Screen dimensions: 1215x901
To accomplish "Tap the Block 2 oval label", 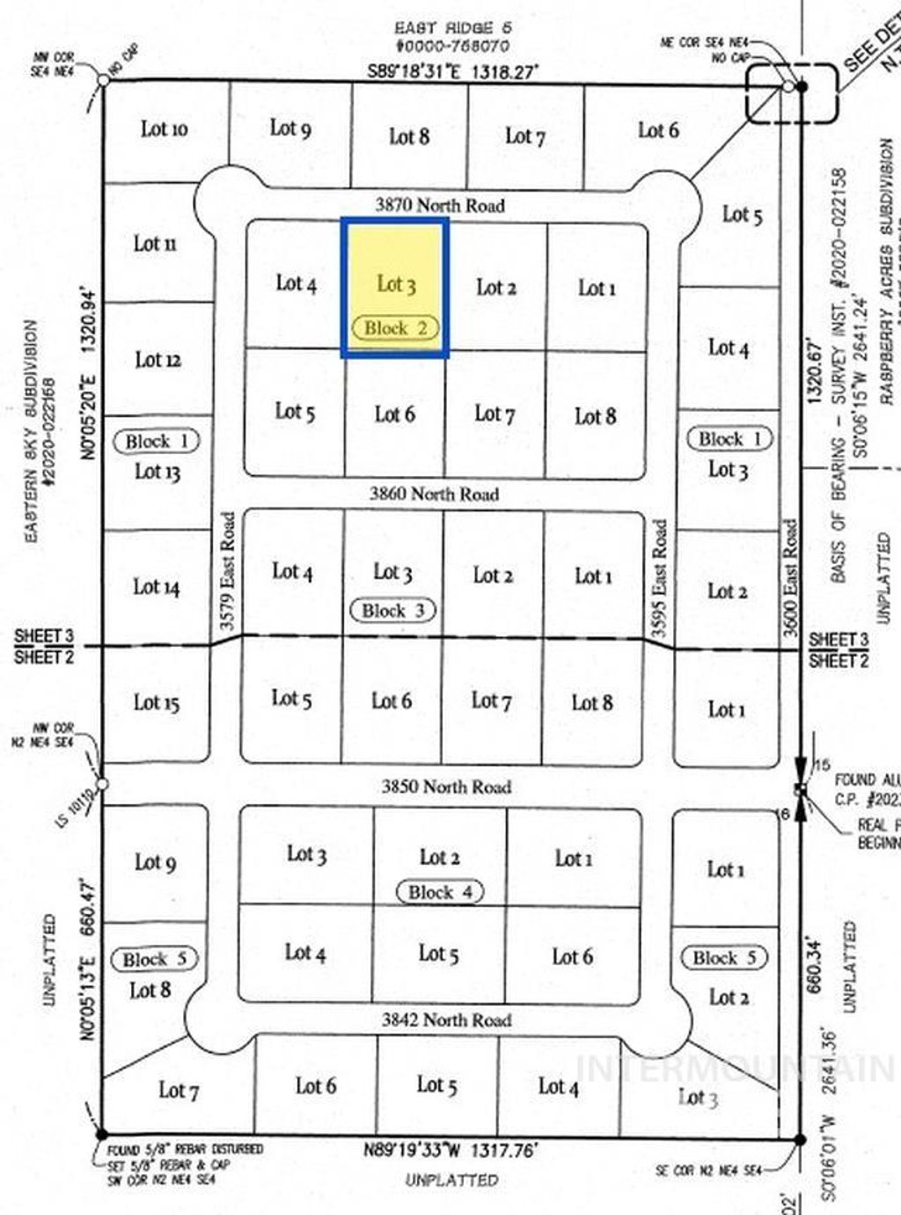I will (x=395, y=328).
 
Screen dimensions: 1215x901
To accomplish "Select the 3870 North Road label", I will (x=440, y=205).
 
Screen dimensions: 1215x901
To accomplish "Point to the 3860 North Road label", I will (x=434, y=494).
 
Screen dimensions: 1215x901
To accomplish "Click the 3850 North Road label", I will (x=446, y=787).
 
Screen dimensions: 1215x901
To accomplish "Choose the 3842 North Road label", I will (x=446, y=1020).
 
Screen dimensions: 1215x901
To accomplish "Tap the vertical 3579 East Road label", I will (x=228, y=571).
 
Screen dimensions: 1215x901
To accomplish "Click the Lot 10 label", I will (x=164, y=129).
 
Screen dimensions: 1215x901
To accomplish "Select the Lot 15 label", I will (x=157, y=702).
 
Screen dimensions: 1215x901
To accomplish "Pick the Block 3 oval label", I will (x=393, y=611).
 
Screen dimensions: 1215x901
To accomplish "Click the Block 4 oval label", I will (x=440, y=892).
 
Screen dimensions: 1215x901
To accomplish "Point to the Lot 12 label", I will (x=158, y=359).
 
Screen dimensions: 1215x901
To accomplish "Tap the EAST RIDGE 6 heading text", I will (x=453, y=28).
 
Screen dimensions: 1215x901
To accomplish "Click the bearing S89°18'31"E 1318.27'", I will (x=452, y=71).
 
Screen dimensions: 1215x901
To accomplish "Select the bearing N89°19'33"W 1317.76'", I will (x=450, y=1150).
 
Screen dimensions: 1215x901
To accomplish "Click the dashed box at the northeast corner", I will (x=791, y=92).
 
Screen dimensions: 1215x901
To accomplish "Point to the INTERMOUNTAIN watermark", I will (x=735, y=1068).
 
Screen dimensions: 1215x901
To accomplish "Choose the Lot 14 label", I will (x=157, y=587).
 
